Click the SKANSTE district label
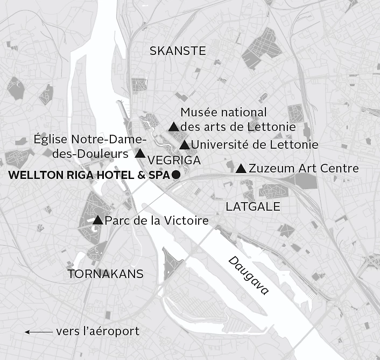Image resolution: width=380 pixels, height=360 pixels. pyautogui.click(x=178, y=51)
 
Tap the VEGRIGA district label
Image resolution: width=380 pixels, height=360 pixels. pyautogui.click(x=173, y=161)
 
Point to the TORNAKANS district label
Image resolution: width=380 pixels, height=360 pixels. pyautogui.click(x=106, y=274)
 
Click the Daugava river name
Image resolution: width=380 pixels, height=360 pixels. pyautogui.click(x=248, y=275)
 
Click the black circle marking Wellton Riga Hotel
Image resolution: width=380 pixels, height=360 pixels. pyautogui.click(x=175, y=176)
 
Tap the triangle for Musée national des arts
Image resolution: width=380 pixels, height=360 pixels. pyautogui.click(x=173, y=127)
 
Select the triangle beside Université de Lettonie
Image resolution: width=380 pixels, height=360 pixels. pyautogui.click(x=184, y=145)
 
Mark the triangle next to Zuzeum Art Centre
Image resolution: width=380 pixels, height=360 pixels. pyautogui.click(x=241, y=169)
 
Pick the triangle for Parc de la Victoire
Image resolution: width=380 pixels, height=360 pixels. pyautogui.click(x=98, y=220)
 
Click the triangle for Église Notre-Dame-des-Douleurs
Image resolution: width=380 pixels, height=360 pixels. pyautogui.click(x=140, y=154)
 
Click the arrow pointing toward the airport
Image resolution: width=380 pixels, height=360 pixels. pyautogui.click(x=38, y=332)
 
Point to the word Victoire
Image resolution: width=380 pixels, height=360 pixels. pyautogui.click(x=188, y=221)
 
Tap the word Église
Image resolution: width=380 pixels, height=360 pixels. pyautogui.click(x=50, y=140)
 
